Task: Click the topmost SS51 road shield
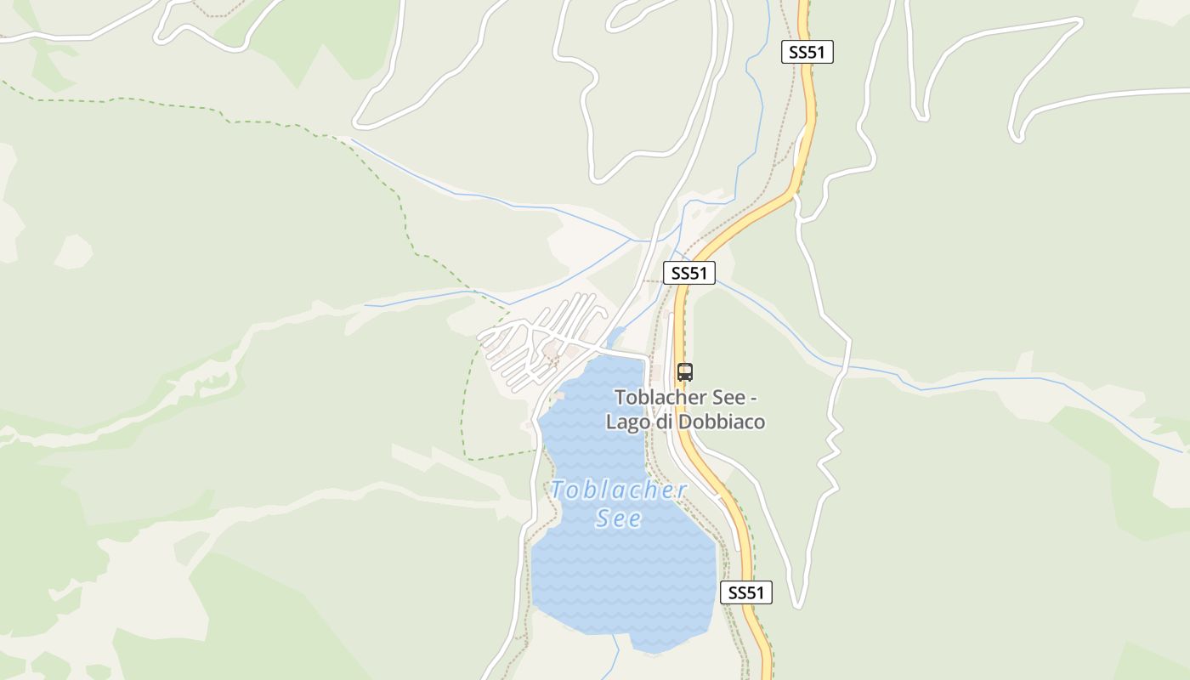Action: (807, 52)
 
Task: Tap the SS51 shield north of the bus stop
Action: (688, 273)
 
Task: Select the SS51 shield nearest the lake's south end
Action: (745, 592)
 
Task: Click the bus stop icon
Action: (685, 371)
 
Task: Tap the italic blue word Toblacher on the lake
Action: (618, 490)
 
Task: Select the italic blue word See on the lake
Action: (618, 518)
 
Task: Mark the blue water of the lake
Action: (620, 578)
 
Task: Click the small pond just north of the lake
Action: (615, 336)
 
